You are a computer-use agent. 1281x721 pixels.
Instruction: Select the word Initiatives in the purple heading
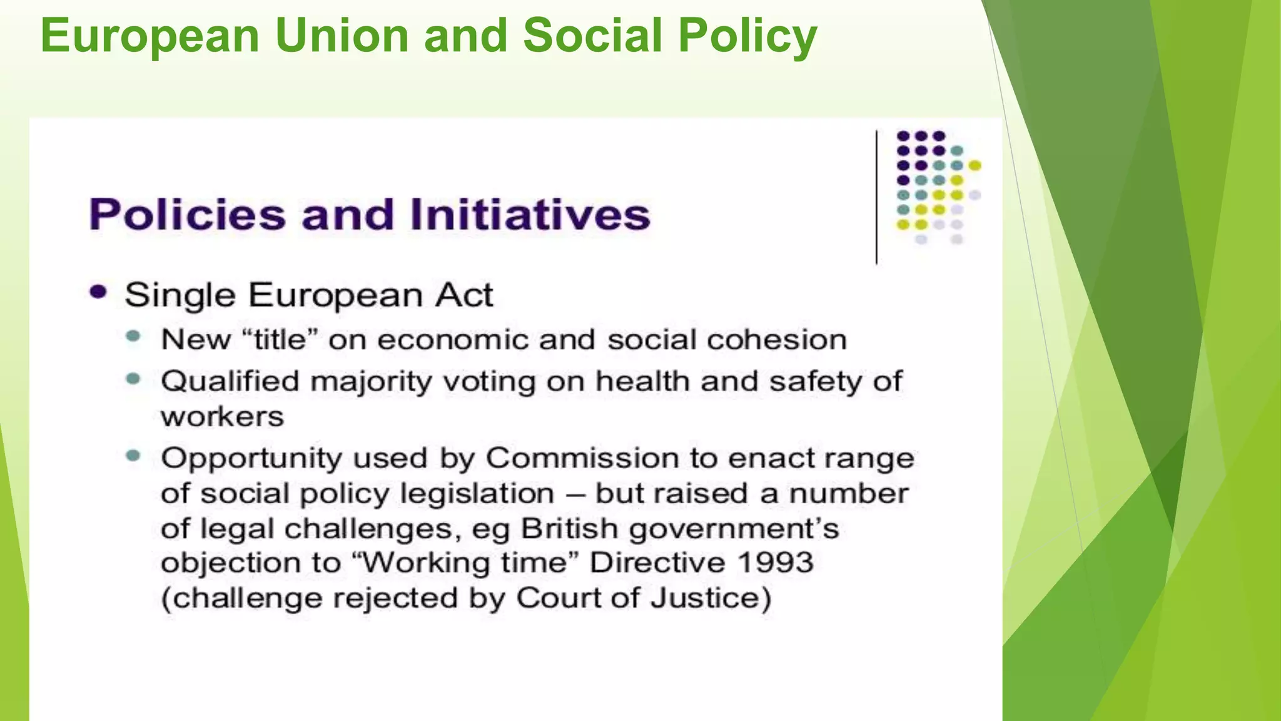tap(530, 215)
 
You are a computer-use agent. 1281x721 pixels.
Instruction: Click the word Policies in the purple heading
tap(187, 215)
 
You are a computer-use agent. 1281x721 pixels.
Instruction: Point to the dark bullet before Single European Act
tap(98, 292)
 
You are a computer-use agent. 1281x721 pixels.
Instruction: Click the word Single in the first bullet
tap(180, 295)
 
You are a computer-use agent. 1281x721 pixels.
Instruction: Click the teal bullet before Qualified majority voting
tap(133, 379)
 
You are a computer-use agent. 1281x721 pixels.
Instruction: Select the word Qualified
tap(230, 381)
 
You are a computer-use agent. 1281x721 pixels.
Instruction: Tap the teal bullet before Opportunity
tap(133, 456)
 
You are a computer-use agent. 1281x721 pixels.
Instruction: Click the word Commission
tap(582, 458)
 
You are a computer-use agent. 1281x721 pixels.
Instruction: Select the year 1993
tap(775, 562)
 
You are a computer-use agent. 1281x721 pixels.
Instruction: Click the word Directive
tap(657, 562)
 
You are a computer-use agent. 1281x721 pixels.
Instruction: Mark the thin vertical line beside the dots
tap(876, 197)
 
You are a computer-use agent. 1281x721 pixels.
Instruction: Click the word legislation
tap(477, 494)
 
